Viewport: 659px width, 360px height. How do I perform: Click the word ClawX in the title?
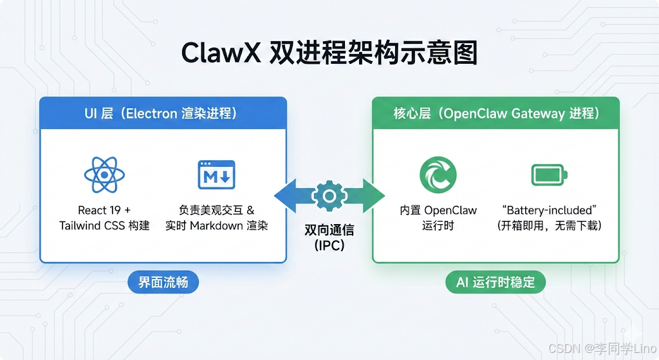click(221, 53)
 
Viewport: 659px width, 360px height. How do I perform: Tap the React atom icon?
click(104, 174)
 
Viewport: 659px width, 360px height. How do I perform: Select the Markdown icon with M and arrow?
click(216, 174)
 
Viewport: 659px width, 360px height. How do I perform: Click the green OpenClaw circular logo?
click(438, 175)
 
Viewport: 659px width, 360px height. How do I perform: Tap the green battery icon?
click(550, 175)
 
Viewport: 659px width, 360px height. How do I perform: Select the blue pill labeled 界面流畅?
click(162, 282)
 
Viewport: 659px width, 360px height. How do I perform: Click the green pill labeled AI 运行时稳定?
click(496, 282)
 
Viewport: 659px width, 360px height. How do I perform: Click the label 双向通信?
click(329, 230)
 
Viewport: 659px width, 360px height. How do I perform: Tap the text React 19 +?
click(104, 211)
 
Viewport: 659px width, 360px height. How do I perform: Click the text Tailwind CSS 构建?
click(104, 225)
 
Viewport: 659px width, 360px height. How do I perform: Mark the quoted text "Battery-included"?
click(549, 211)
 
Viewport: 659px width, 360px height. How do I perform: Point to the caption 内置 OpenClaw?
click(438, 211)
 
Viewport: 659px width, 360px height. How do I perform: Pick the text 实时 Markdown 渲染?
click(216, 225)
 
